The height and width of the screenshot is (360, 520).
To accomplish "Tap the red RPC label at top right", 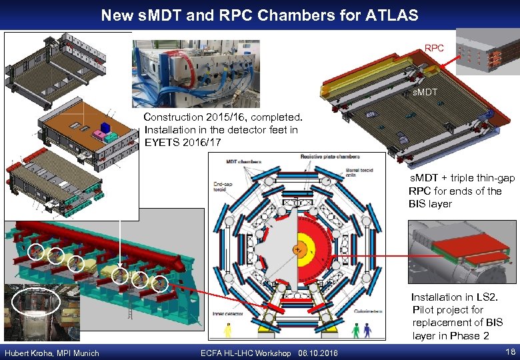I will coord(434,48).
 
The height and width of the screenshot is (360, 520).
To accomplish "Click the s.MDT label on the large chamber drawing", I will coord(424,92).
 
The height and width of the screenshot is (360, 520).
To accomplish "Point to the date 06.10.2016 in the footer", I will coord(319,353).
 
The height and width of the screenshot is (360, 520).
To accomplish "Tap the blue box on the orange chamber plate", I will coord(105,127).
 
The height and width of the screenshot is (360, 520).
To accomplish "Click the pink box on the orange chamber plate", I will coord(99,136).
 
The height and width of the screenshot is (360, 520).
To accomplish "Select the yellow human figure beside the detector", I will coord(228,330).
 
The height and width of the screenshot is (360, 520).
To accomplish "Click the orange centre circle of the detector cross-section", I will coord(298,250).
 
